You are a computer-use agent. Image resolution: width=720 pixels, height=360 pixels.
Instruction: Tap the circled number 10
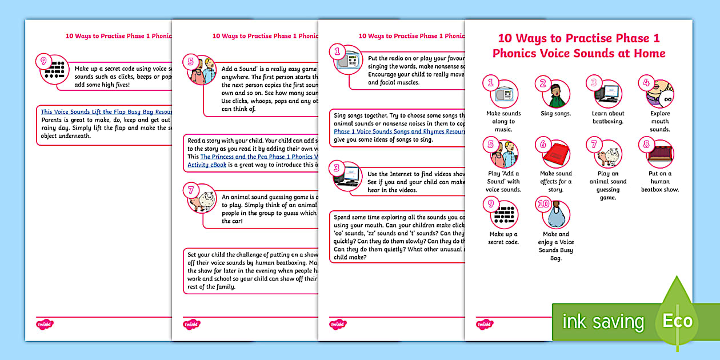543,205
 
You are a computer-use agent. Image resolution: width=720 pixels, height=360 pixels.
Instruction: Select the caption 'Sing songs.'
555,114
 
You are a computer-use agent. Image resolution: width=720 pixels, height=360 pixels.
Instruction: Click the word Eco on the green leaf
677,321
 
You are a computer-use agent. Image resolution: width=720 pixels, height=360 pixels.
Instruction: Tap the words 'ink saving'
603,322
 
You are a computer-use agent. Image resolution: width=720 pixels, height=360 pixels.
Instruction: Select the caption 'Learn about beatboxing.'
607,117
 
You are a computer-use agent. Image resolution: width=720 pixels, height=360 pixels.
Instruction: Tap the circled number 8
647,144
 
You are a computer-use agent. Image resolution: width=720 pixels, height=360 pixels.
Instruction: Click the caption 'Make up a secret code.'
503,238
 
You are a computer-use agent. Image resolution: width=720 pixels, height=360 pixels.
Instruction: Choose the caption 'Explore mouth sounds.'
659,121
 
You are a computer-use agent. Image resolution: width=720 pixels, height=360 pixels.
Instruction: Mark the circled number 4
646,82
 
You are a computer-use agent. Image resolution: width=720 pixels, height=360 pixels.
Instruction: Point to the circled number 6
543,144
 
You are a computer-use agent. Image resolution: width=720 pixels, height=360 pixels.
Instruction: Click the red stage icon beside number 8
661,154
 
